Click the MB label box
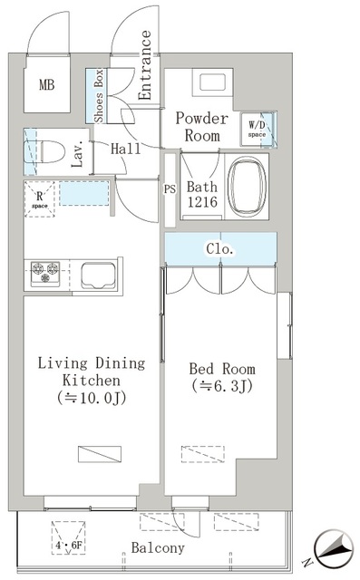(45, 86)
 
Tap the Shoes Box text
(100, 95)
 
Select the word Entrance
(145, 64)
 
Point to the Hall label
(126, 150)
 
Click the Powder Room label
(199, 127)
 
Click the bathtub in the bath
(250, 185)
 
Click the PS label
(169, 191)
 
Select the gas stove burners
(45, 269)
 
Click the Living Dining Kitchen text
(91, 379)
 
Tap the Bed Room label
(222, 377)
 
